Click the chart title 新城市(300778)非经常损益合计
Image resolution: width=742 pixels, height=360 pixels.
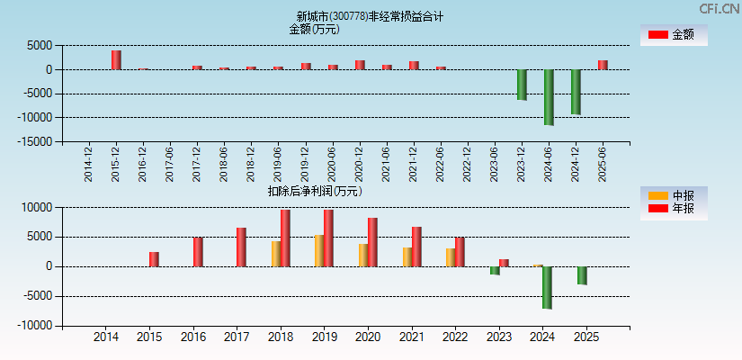[x=370, y=16]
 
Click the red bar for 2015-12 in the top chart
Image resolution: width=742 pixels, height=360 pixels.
[x=116, y=59]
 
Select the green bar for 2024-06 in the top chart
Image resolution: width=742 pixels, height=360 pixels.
[x=549, y=97]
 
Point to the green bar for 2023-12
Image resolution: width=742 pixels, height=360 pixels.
[x=522, y=85]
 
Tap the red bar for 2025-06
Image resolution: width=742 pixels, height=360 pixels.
[x=603, y=65]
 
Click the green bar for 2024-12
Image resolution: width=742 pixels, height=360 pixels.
[x=576, y=92]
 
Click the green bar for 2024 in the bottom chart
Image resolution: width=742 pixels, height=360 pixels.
[x=547, y=287]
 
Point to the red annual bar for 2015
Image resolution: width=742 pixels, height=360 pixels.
[x=154, y=259]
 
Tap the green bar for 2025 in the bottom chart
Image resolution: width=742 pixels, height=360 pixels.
[x=582, y=275]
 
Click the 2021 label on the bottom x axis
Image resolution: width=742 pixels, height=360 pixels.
[x=411, y=337]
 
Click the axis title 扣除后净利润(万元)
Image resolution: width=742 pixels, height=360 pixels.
[x=315, y=191]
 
